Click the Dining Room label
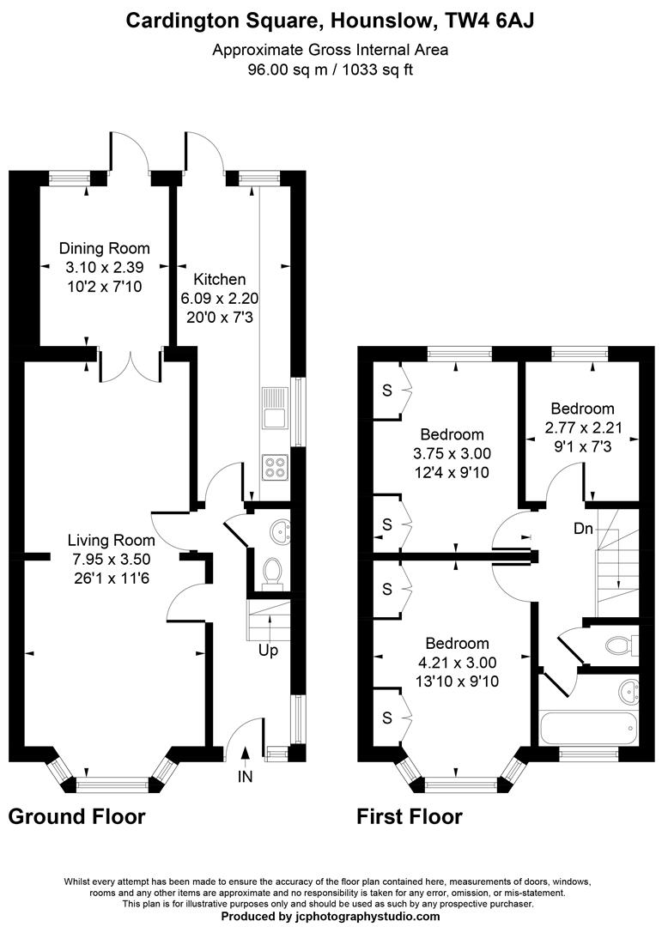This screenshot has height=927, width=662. coord(105,249)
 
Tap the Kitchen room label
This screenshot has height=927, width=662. coord(220,279)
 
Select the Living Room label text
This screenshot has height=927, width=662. coord(112,541)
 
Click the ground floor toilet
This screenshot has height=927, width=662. coord(272,571)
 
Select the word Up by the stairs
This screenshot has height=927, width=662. coord(269,651)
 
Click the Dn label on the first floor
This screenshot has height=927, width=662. coord(583,529)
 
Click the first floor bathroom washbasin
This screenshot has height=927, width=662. coord(629,690)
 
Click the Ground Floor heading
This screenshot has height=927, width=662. coord(76,815)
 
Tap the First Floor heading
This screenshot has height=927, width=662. coord(410,815)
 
